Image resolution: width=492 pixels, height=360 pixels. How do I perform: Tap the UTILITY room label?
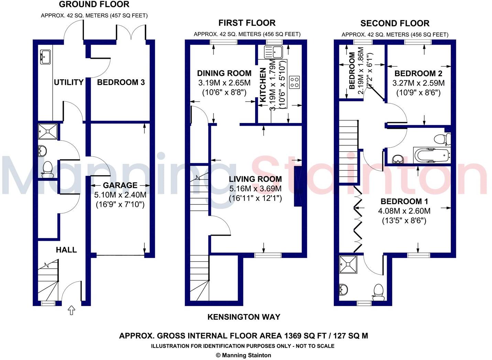[69, 82]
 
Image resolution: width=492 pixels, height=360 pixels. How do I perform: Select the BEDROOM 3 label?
[121, 82]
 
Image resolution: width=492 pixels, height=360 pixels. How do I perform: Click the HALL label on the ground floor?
[66, 250]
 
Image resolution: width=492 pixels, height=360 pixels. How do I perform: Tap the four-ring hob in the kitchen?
[294, 82]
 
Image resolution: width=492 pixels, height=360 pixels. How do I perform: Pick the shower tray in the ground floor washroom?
[47, 131]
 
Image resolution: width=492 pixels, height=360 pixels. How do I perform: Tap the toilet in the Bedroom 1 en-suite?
[378, 291]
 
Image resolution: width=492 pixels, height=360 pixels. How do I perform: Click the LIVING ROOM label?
[255, 179]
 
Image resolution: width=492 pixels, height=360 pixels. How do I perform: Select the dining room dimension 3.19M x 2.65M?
[224, 83]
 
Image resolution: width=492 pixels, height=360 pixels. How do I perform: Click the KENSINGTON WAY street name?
[244, 317]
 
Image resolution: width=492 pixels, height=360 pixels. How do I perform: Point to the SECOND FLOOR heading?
[395, 23]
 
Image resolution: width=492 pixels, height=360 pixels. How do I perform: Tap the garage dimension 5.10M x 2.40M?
[120, 195]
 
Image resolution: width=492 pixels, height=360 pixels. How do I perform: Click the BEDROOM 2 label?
[418, 73]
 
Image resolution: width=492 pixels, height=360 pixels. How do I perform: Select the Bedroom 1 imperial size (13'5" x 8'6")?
[404, 221]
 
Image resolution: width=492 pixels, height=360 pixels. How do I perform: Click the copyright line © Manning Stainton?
[243, 355]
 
